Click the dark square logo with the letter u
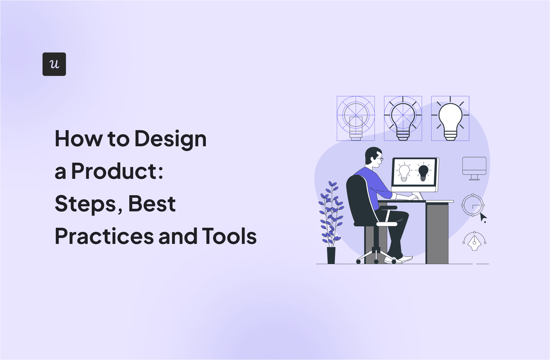coord(54,64)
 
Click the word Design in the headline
coord(170,139)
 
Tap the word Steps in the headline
coord(85,204)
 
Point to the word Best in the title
coord(152,204)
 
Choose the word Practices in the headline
coord(104,236)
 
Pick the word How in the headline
coord(78,139)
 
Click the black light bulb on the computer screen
coord(423,172)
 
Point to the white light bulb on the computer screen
coord(404,172)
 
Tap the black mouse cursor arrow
coord(483,218)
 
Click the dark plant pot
coord(331,255)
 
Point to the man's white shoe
coord(406,259)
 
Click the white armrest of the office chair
coord(386,224)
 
